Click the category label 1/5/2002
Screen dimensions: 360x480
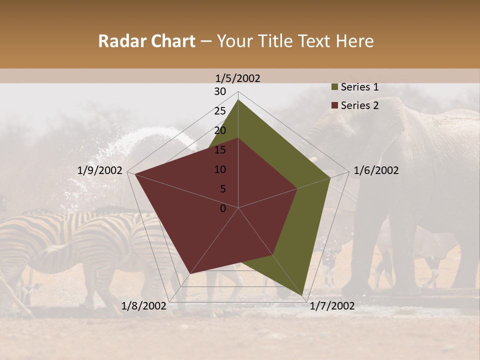[238, 78]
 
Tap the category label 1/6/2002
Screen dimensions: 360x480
[376, 170]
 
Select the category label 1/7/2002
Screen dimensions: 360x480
[332, 306]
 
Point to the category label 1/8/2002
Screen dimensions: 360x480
[144, 306]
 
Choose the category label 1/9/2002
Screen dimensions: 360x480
[100, 170]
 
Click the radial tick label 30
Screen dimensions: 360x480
[220, 91]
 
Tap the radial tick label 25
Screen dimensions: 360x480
[220, 111]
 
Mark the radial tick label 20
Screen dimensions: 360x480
[220, 130]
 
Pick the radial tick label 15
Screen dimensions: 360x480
[220, 150]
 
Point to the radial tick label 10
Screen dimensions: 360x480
[220, 169]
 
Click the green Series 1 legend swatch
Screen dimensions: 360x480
[334, 87]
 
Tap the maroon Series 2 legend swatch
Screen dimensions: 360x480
[334, 105]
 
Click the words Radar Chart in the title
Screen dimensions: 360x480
[146, 41]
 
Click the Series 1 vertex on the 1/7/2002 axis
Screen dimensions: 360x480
[302, 295]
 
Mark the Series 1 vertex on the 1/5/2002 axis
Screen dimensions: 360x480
[238, 99]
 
